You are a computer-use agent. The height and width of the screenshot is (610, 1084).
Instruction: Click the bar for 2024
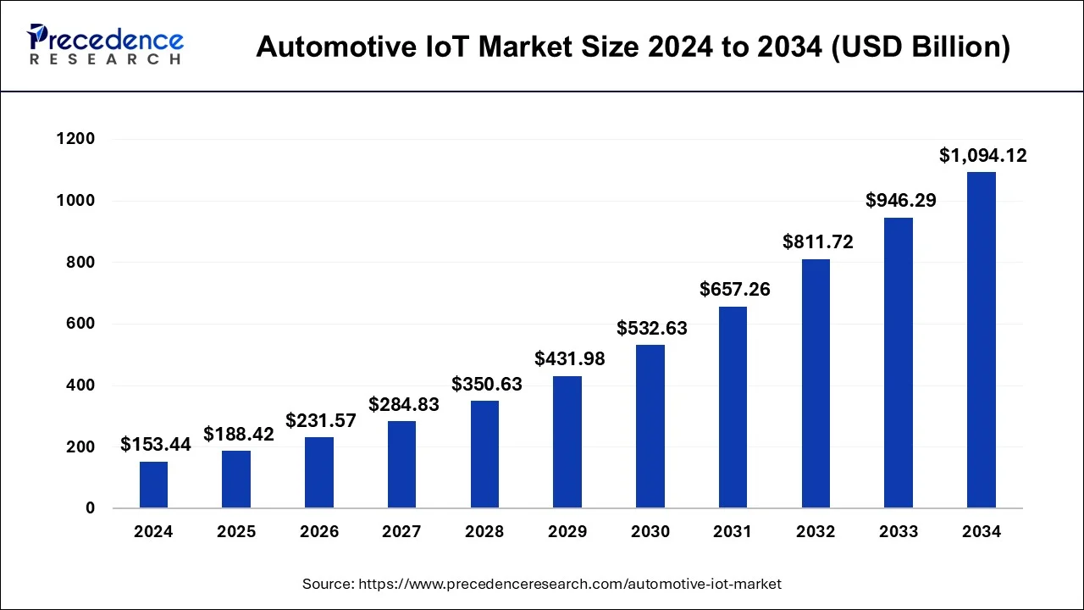pos(153,485)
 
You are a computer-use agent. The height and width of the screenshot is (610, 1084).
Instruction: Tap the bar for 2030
pos(650,426)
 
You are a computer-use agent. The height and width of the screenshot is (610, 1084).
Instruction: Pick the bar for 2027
pos(401,464)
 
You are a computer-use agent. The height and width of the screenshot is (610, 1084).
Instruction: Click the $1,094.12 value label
pos(982,156)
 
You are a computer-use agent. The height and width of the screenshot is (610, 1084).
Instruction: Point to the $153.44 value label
pos(155,445)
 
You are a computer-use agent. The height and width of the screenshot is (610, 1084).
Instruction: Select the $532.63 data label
pos(651,328)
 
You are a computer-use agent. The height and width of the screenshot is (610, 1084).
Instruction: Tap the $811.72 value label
pos(817,242)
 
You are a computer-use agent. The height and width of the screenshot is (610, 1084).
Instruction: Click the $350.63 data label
pos(486,384)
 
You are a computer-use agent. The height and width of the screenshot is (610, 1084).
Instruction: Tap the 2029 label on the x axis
pos(567,532)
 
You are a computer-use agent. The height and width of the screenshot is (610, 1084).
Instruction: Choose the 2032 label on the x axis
pos(816,532)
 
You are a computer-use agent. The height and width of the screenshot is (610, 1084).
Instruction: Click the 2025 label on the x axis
pos(236,532)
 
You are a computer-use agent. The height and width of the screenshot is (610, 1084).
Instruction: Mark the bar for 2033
pos(899,363)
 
